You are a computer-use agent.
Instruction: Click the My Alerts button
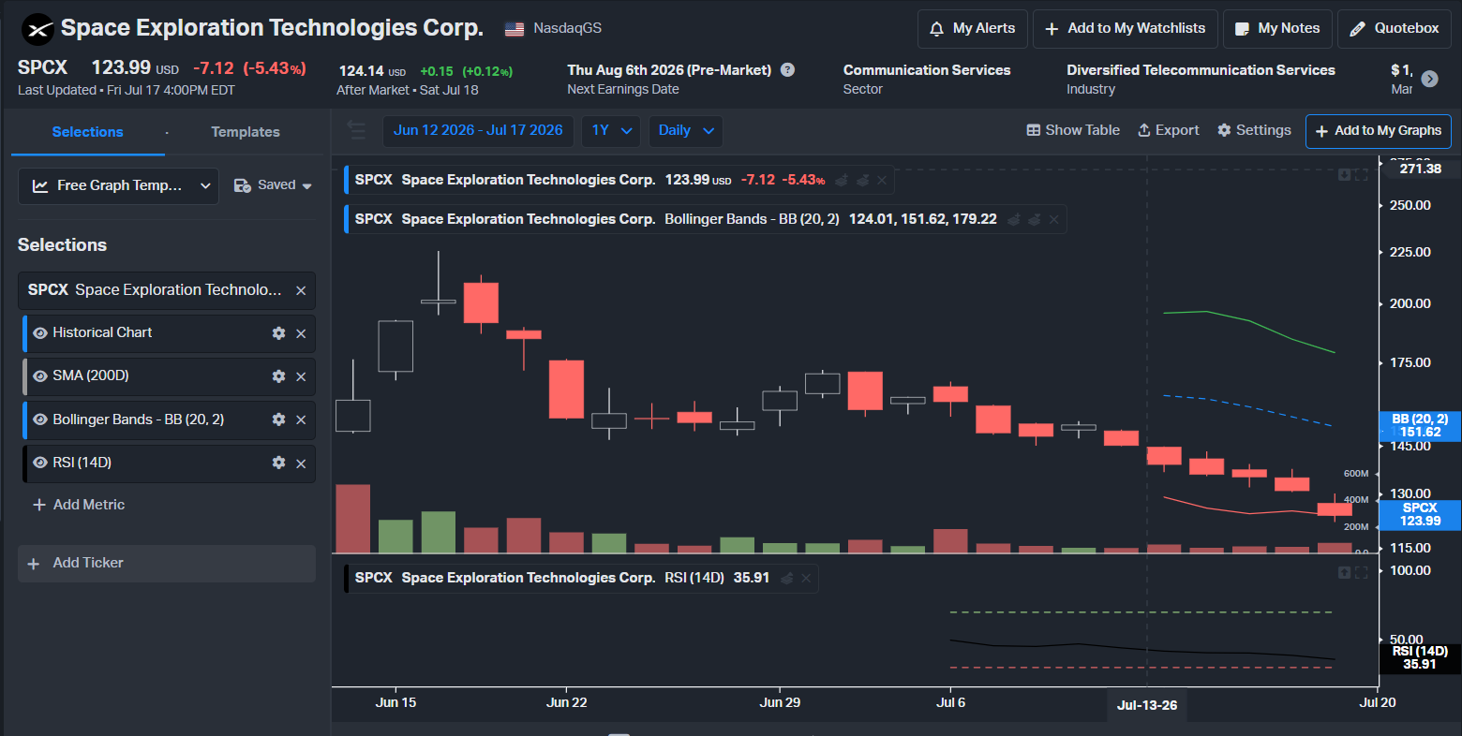[972, 29]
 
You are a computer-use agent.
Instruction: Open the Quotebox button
[1395, 29]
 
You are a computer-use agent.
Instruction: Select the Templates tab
[246, 132]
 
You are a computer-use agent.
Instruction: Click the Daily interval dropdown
[685, 131]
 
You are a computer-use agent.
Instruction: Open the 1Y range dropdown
[611, 131]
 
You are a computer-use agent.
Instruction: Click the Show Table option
[1073, 130]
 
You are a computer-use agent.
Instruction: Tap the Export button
[1169, 130]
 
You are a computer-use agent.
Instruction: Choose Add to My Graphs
[1378, 131]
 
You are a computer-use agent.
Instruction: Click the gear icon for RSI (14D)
[278, 463]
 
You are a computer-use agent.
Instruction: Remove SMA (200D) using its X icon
[301, 376]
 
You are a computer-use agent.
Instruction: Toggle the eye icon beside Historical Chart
[39, 333]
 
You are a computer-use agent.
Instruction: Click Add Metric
[79, 505]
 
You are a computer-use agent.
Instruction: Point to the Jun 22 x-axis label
[566, 702]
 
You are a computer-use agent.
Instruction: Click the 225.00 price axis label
[1410, 252]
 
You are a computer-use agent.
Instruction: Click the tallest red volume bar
[353, 518]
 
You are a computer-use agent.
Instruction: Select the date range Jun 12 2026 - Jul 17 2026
[478, 130]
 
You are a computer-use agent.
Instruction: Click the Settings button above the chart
[1254, 130]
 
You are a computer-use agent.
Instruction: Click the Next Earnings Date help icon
[788, 69]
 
